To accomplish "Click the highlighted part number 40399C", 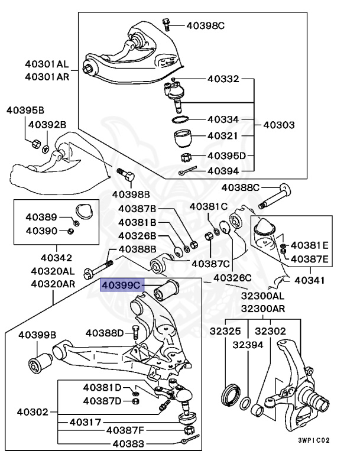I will pos(122,286).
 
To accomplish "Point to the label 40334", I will pos(223,119).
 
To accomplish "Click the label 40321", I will pos(223,136).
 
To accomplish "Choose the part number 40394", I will pos(223,171).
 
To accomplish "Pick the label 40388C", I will pos(241,188).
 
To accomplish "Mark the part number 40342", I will pos(56,257).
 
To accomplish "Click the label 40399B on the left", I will pos(37,335).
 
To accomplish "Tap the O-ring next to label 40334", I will pos(181,120).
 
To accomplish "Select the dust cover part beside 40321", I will pos(184,140).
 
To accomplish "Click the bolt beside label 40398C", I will pos(166,25).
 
